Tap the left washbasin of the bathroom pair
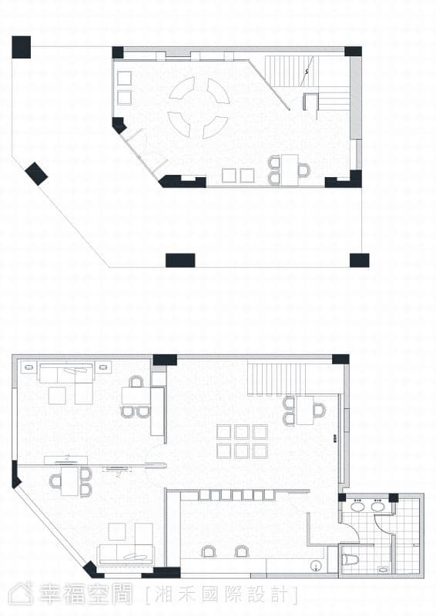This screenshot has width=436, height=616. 357,506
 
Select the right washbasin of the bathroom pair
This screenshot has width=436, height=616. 377,506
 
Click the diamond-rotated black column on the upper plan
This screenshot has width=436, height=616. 36,174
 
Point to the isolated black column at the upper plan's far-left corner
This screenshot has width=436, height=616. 22,47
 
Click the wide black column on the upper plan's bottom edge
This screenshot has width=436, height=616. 180,260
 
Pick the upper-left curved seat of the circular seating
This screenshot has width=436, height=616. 181,88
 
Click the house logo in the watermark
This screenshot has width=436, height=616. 22,593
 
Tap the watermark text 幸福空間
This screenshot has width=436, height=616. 86,594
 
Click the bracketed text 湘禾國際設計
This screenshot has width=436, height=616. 221,594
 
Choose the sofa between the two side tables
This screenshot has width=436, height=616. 66,373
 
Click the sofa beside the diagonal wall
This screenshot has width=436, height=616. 126,554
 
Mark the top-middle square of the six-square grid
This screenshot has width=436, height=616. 242,432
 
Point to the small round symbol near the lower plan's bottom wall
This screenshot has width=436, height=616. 315,566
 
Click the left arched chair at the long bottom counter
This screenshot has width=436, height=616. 208,552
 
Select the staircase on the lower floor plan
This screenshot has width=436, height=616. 277,379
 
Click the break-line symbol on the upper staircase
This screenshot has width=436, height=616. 307,71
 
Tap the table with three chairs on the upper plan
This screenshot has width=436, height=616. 290,170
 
